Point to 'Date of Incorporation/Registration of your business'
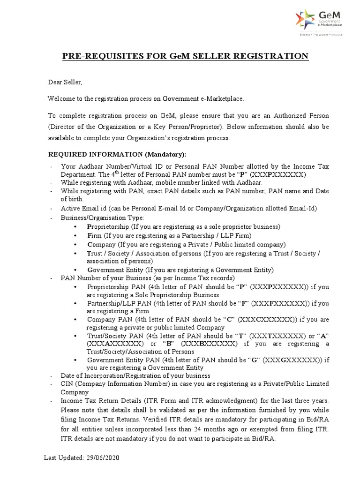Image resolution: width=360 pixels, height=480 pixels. pyautogui.click(x=135, y=375)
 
